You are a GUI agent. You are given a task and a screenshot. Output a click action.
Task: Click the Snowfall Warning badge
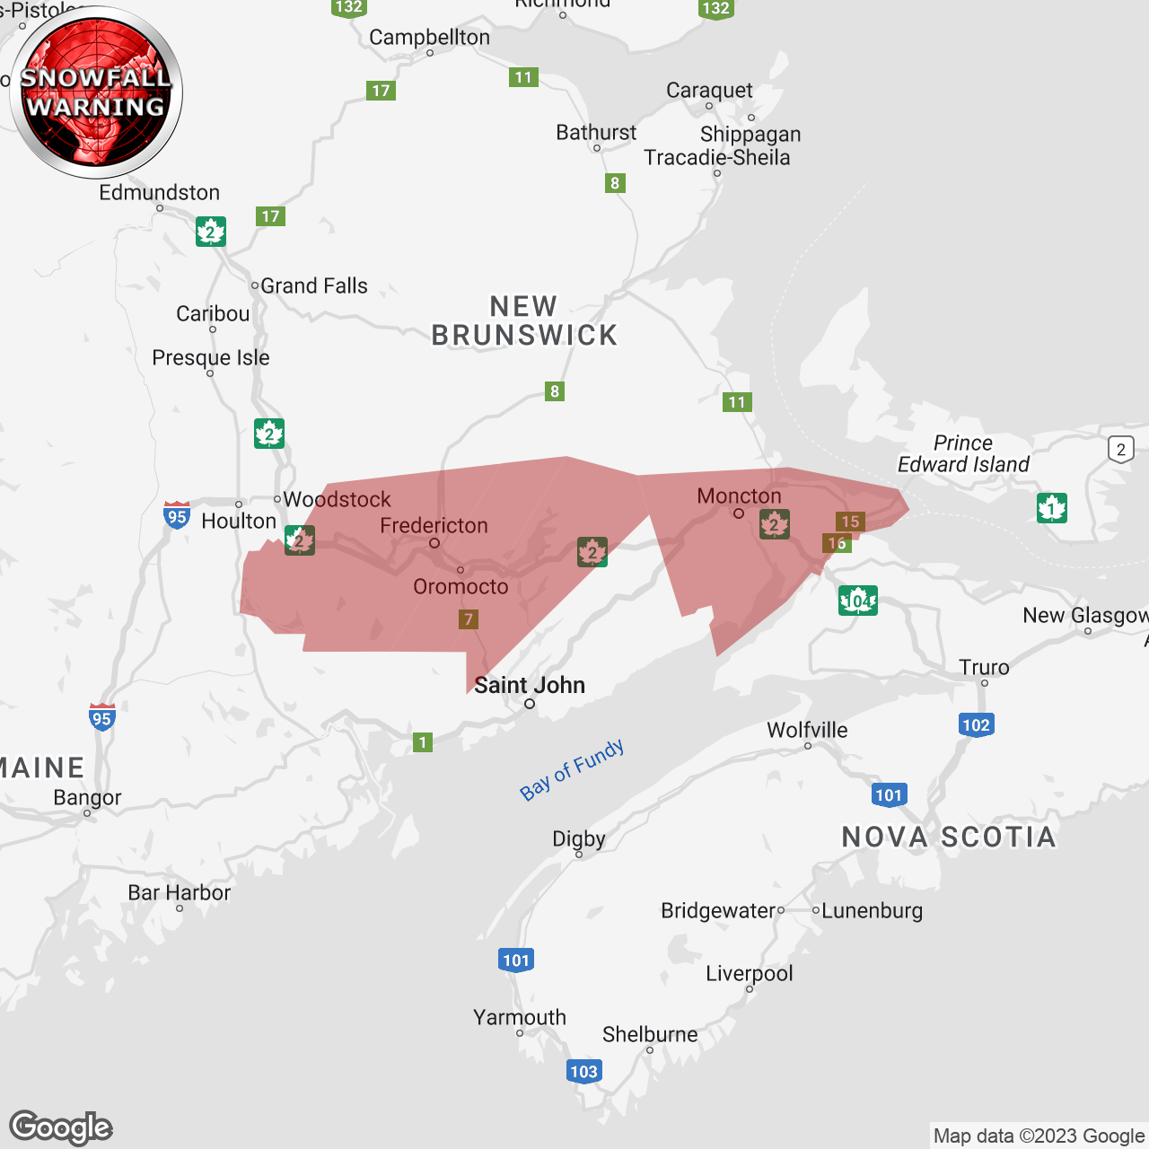tap(95, 92)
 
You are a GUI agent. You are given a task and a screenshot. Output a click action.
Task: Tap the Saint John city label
tap(530, 686)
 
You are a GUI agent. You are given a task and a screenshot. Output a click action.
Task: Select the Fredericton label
tap(434, 526)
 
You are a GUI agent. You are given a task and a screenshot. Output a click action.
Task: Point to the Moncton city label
tap(739, 496)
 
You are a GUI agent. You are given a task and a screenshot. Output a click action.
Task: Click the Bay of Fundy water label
tap(572, 769)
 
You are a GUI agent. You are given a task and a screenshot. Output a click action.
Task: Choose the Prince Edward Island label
tap(963, 454)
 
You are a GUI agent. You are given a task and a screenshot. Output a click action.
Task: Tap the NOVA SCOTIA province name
tap(949, 838)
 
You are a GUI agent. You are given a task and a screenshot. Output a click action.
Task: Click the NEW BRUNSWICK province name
tap(524, 321)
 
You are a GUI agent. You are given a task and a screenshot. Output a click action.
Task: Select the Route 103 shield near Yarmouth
tap(583, 1071)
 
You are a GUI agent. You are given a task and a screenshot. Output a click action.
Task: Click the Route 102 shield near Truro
tap(976, 725)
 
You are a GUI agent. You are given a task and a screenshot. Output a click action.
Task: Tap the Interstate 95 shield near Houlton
tap(177, 516)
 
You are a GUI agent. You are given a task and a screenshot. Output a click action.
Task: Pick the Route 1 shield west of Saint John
tap(423, 742)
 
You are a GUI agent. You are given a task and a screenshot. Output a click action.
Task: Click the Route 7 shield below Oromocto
tap(468, 619)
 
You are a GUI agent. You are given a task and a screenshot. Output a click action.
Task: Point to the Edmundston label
tap(160, 193)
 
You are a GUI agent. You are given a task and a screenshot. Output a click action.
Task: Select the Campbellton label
tap(430, 38)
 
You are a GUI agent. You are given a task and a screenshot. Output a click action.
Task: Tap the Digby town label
tap(579, 839)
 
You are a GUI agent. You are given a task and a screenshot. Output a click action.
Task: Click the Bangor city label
tap(87, 798)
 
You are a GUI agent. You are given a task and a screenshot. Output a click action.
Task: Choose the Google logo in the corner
tap(61, 1128)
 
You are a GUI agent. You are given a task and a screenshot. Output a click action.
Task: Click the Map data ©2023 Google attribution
tap(1039, 1136)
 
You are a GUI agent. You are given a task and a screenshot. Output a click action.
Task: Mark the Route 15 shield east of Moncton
tap(850, 522)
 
